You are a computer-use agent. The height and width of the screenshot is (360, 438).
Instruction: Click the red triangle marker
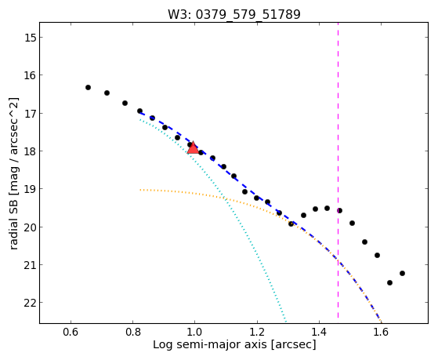193,148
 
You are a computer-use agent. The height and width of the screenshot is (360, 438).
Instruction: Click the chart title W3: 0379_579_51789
234,14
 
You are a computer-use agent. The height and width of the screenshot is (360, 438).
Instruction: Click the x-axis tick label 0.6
71,332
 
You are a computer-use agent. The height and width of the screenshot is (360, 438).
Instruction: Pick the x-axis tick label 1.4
319,332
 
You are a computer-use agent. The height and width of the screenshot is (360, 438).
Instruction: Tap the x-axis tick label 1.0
194,332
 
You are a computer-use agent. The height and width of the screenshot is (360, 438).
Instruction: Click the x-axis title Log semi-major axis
210,344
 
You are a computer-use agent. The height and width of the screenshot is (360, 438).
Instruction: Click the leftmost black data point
88,88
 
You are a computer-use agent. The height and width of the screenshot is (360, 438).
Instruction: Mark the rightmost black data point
402,273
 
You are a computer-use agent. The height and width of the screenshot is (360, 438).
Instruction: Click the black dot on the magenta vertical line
339,210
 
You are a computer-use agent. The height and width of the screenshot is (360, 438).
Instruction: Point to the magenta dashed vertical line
338,170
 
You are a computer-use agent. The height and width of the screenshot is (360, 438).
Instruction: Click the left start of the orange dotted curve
140,190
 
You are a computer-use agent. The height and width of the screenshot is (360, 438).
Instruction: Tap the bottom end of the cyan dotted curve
286,321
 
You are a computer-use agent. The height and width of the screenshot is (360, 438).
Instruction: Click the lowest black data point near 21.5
389,283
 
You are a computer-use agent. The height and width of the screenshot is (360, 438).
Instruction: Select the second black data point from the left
107,93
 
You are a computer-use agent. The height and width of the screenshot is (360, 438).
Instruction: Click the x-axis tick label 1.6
381,332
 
